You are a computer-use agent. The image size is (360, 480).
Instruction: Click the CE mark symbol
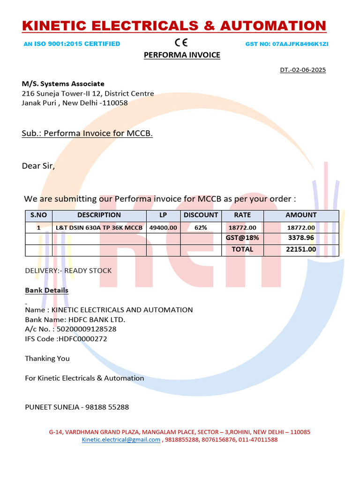click(181, 43)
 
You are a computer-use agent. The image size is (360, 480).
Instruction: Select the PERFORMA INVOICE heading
click(181, 55)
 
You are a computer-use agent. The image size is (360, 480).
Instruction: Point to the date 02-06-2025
click(308, 70)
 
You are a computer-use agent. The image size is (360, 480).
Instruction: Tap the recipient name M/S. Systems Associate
click(63, 84)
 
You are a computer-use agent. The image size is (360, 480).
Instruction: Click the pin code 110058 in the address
click(116, 103)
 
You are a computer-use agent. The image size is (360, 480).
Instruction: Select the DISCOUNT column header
click(201, 215)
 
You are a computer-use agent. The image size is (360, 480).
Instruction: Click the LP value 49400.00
click(163, 228)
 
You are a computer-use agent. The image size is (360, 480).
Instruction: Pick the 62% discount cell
click(201, 228)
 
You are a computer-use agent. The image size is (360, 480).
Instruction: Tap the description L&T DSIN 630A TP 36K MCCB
click(99, 228)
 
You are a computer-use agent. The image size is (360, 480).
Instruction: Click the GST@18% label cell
click(242, 238)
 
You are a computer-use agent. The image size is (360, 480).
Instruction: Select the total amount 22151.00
click(301, 249)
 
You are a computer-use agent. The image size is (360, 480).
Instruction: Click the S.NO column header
click(38, 215)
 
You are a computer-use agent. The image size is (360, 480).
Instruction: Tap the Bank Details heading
click(46, 291)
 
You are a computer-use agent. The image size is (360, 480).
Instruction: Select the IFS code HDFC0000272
click(82, 339)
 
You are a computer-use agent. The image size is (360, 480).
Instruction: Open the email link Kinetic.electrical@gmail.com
click(121, 440)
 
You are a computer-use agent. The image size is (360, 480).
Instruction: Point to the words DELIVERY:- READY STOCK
click(68, 271)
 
